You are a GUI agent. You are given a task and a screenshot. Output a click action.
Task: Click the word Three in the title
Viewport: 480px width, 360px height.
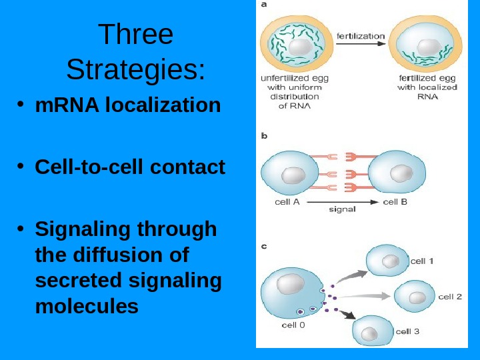coord(135,35)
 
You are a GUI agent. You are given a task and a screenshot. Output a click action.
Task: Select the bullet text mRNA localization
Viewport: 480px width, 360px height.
coord(127,105)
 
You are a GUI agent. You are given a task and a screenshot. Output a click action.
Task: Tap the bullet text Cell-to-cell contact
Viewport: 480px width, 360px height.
coord(130,167)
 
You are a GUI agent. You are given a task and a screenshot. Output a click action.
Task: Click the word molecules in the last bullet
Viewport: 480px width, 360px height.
coord(87,306)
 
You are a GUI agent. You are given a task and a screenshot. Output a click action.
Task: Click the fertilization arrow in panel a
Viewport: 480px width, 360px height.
coord(360,45)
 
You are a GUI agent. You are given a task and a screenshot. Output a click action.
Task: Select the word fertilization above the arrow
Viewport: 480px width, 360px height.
coord(361,35)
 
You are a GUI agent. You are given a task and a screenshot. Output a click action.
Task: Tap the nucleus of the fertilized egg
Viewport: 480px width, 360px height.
coord(427,46)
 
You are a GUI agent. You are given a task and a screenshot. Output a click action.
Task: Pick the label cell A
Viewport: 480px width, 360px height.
coord(287,201)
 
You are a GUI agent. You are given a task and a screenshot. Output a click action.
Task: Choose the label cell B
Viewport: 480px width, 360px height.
coord(395,201)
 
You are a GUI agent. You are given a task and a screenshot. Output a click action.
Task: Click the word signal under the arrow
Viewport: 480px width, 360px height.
coord(342,209)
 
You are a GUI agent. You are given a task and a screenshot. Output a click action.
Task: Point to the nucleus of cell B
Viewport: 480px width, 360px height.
coord(401,174)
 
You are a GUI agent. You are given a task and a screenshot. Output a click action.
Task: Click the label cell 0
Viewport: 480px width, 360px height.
coord(293,325)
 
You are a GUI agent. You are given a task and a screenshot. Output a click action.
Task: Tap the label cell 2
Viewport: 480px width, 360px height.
coord(450,297)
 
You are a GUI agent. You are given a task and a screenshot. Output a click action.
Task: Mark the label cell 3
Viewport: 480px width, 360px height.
coord(407,331)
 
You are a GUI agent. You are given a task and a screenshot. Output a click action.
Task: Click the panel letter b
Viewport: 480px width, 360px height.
coord(264,137)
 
